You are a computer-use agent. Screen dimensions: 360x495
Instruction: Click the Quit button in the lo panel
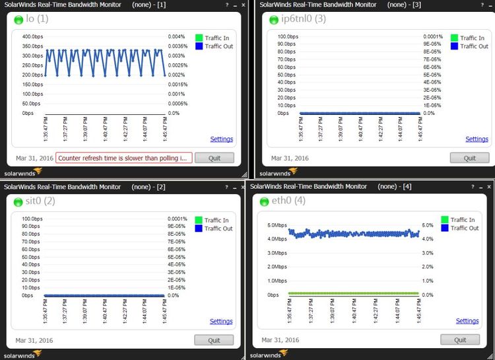point(214,158)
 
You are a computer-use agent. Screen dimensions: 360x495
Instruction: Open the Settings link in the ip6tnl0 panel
point(477,139)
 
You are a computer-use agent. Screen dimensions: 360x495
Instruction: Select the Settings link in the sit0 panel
point(221,322)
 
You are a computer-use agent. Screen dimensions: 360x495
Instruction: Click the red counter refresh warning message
point(124,158)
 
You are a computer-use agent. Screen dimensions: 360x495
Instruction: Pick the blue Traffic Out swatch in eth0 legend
point(445,228)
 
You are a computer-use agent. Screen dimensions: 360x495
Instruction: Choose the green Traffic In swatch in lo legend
point(199,38)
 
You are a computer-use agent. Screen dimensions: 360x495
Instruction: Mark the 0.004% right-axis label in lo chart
point(176,36)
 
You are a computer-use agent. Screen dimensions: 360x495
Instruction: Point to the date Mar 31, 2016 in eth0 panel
point(281,340)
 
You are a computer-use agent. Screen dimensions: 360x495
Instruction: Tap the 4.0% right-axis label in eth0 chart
point(428,239)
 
